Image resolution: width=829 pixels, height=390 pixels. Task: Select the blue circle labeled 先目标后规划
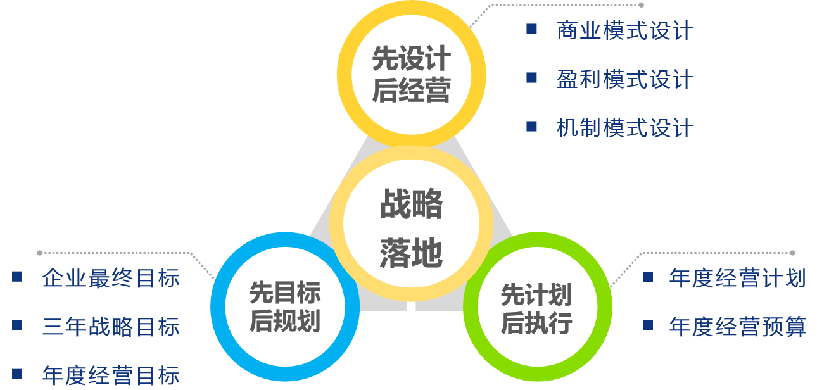pyautogui.click(x=284, y=306)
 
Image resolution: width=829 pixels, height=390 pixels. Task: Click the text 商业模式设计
pyautogui.click(x=625, y=31)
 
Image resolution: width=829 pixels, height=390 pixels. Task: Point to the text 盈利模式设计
pyautogui.click(x=625, y=80)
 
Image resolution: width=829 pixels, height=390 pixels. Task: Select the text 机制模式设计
pyautogui.click(x=625, y=129)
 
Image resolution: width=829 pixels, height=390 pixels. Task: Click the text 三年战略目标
pyautogui.click(x=111, y=327)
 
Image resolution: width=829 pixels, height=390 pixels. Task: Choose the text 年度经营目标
pyautogui.click(x=111, y=375)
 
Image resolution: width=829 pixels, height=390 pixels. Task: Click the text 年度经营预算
pyautogui.click(x=737, y=327)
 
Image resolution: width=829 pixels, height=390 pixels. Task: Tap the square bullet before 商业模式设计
pyautogui.click(x=531, y=29)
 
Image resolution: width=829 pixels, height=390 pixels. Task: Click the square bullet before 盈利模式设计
pyautogui.click(x=531, y=78)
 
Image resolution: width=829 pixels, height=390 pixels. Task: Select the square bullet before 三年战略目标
pyautogui.click(x=17, y=325)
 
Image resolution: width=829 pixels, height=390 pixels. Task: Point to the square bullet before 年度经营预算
pyautogui.click(x=647, y=325)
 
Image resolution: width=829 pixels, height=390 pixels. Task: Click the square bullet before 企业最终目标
pyautogui.click(x=17, y=277)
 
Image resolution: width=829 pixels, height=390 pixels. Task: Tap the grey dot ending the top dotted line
pyautogui.click(x=641, y=5)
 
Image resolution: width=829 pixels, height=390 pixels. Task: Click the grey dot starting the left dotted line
pyautogui.click(x=40, y=253)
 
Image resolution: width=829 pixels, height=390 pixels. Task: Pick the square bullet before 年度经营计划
pyautogui.click(x=647, y=277)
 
